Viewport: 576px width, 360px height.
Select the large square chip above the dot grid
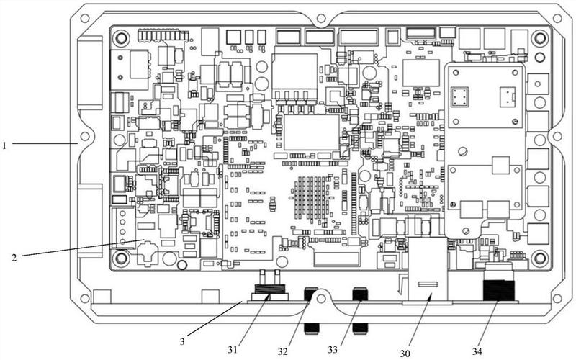point(311,132)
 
